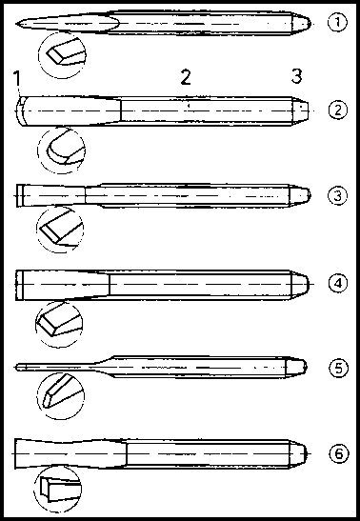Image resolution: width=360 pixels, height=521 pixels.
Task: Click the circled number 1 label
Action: (x=337, y=23)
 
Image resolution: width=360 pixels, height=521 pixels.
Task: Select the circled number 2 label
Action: (x=338, y=110)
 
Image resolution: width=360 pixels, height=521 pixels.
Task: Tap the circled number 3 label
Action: (x=338, y=195)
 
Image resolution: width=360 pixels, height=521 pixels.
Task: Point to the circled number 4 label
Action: (x=338, y=284)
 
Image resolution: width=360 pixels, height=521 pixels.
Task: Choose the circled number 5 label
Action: (x=338, y=369)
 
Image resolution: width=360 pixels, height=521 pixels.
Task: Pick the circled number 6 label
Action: (x=339, y=454)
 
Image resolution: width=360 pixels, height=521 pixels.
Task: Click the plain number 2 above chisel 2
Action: (x=186, y=78)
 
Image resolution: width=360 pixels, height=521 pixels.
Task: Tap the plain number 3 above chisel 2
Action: (x=296, y=76)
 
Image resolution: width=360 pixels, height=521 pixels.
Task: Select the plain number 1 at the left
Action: (x=17, y=79)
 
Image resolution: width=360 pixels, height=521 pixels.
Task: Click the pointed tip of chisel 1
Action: (x=16, y=24)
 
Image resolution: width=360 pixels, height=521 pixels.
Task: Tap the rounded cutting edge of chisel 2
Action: (x=17, y=110)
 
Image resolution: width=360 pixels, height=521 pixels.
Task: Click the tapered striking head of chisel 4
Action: (x=301, y=284)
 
